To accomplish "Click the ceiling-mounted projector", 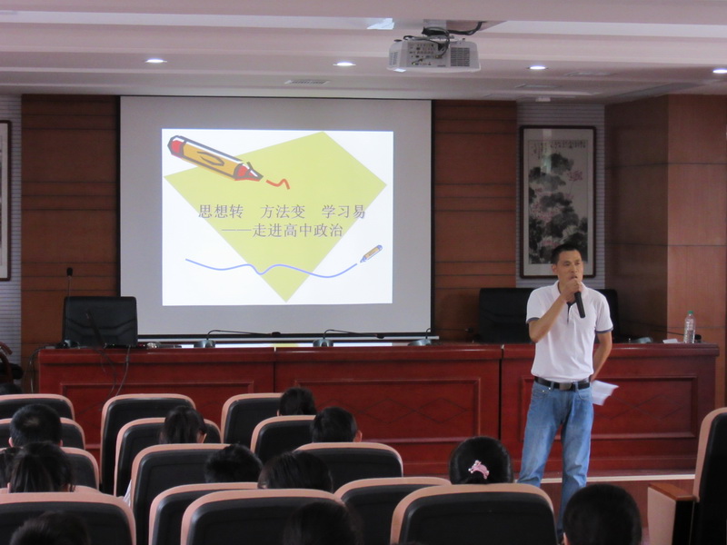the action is (433, 54).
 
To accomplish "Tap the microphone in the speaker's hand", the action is (579, 303).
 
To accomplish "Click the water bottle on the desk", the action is (690, 328).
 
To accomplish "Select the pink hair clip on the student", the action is (479, 469).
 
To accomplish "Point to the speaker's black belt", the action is (562, 383).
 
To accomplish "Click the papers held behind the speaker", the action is (603, 392).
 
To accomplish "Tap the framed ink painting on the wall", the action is (557, 202).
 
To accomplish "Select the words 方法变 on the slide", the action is (283, 212).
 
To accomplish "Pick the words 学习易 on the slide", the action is (344, 212).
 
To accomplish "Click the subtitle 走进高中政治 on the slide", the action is (297, 231).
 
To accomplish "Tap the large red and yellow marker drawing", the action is (214, 158).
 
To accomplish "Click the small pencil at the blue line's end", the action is (371, 253).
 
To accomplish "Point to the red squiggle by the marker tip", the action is (278, 183).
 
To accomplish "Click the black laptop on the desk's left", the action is (100, 322).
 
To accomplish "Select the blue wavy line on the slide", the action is (272, 268).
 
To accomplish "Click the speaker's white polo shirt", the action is (569, 332).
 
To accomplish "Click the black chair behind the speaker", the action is (504, 315).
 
